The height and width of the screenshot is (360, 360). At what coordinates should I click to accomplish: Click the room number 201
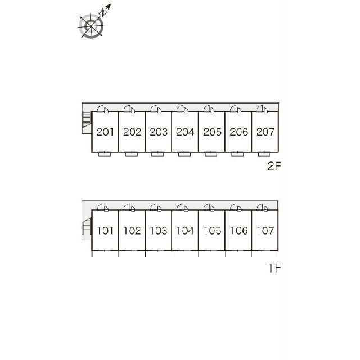tap(105, 132)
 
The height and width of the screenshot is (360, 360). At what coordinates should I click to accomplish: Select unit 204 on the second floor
tap(185, 132)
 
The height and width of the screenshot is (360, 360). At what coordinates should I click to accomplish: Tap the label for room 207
tap(265, 132)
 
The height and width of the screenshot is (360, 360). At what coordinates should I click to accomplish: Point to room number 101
tap(105, 231)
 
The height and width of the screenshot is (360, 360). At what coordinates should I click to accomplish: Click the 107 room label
tap(265, 231)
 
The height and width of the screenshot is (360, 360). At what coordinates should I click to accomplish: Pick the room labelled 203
tap(159, 132)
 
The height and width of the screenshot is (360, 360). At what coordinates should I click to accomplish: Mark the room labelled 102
tap(132, 231)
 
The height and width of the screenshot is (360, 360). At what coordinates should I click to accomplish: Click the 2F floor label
tap(274, 166)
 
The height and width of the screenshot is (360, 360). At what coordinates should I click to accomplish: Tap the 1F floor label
tap(274, 268)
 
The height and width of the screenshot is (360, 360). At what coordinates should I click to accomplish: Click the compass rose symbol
tap(91, 26)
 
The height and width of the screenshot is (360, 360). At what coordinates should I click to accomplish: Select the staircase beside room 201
tap(87, 119)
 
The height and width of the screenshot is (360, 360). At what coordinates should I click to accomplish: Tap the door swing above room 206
tap(236, 109)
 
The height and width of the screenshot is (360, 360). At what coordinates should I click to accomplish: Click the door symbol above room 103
tap(156, 208)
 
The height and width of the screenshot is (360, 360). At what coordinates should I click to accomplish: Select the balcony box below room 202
tap(131, 154)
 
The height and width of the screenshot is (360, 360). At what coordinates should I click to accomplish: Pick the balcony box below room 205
tap(211, 154)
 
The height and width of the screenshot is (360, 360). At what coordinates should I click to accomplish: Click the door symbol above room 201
tap(103, 109)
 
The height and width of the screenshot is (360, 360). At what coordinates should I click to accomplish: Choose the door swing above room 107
tap(263, 208)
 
